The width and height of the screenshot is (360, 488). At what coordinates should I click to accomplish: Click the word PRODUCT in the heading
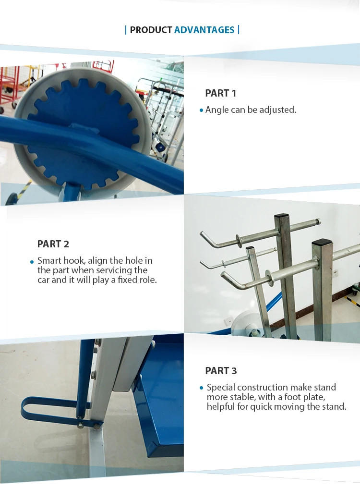point(151,30)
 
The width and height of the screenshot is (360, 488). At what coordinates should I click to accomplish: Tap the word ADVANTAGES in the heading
point(204,30)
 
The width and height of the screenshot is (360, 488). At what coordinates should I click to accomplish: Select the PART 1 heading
point(221,93)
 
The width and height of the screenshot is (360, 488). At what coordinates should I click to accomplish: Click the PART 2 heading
point(53,244)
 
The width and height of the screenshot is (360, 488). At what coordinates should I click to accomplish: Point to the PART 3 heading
point(221,371)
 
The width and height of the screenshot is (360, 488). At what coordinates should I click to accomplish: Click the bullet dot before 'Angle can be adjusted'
point(202,110)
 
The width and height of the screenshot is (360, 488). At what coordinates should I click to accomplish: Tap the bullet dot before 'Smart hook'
point(32,261)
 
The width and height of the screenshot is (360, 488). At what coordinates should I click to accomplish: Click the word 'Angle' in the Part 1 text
point(217,110)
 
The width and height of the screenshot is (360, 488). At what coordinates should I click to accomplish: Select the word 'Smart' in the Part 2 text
point(49,261)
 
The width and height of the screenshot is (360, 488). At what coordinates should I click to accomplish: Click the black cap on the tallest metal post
point(282,218)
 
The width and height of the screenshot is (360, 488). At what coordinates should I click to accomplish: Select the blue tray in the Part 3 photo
point(161,399)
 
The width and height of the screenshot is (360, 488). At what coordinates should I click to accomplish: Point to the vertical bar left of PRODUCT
point(126,30)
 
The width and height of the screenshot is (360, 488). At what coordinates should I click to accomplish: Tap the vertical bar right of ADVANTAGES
point(239,30)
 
